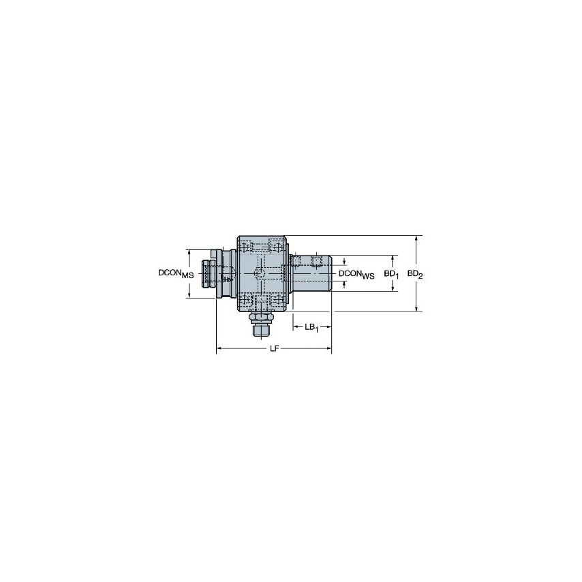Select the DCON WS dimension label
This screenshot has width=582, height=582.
coord(356,274)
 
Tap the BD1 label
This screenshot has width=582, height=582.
coord(390,274)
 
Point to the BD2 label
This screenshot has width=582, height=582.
coord(415,274)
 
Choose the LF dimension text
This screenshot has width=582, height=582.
coord(274,349)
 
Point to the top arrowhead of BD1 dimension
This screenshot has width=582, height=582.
coord(393,258)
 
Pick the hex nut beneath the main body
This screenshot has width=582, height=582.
coord(260,318)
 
